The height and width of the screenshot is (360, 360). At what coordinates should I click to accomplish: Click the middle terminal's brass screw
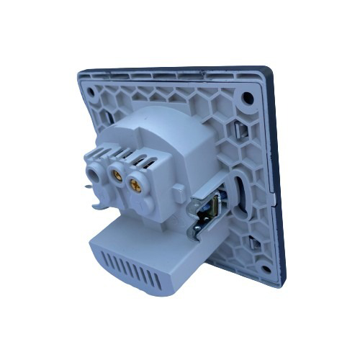coord(114,174)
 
